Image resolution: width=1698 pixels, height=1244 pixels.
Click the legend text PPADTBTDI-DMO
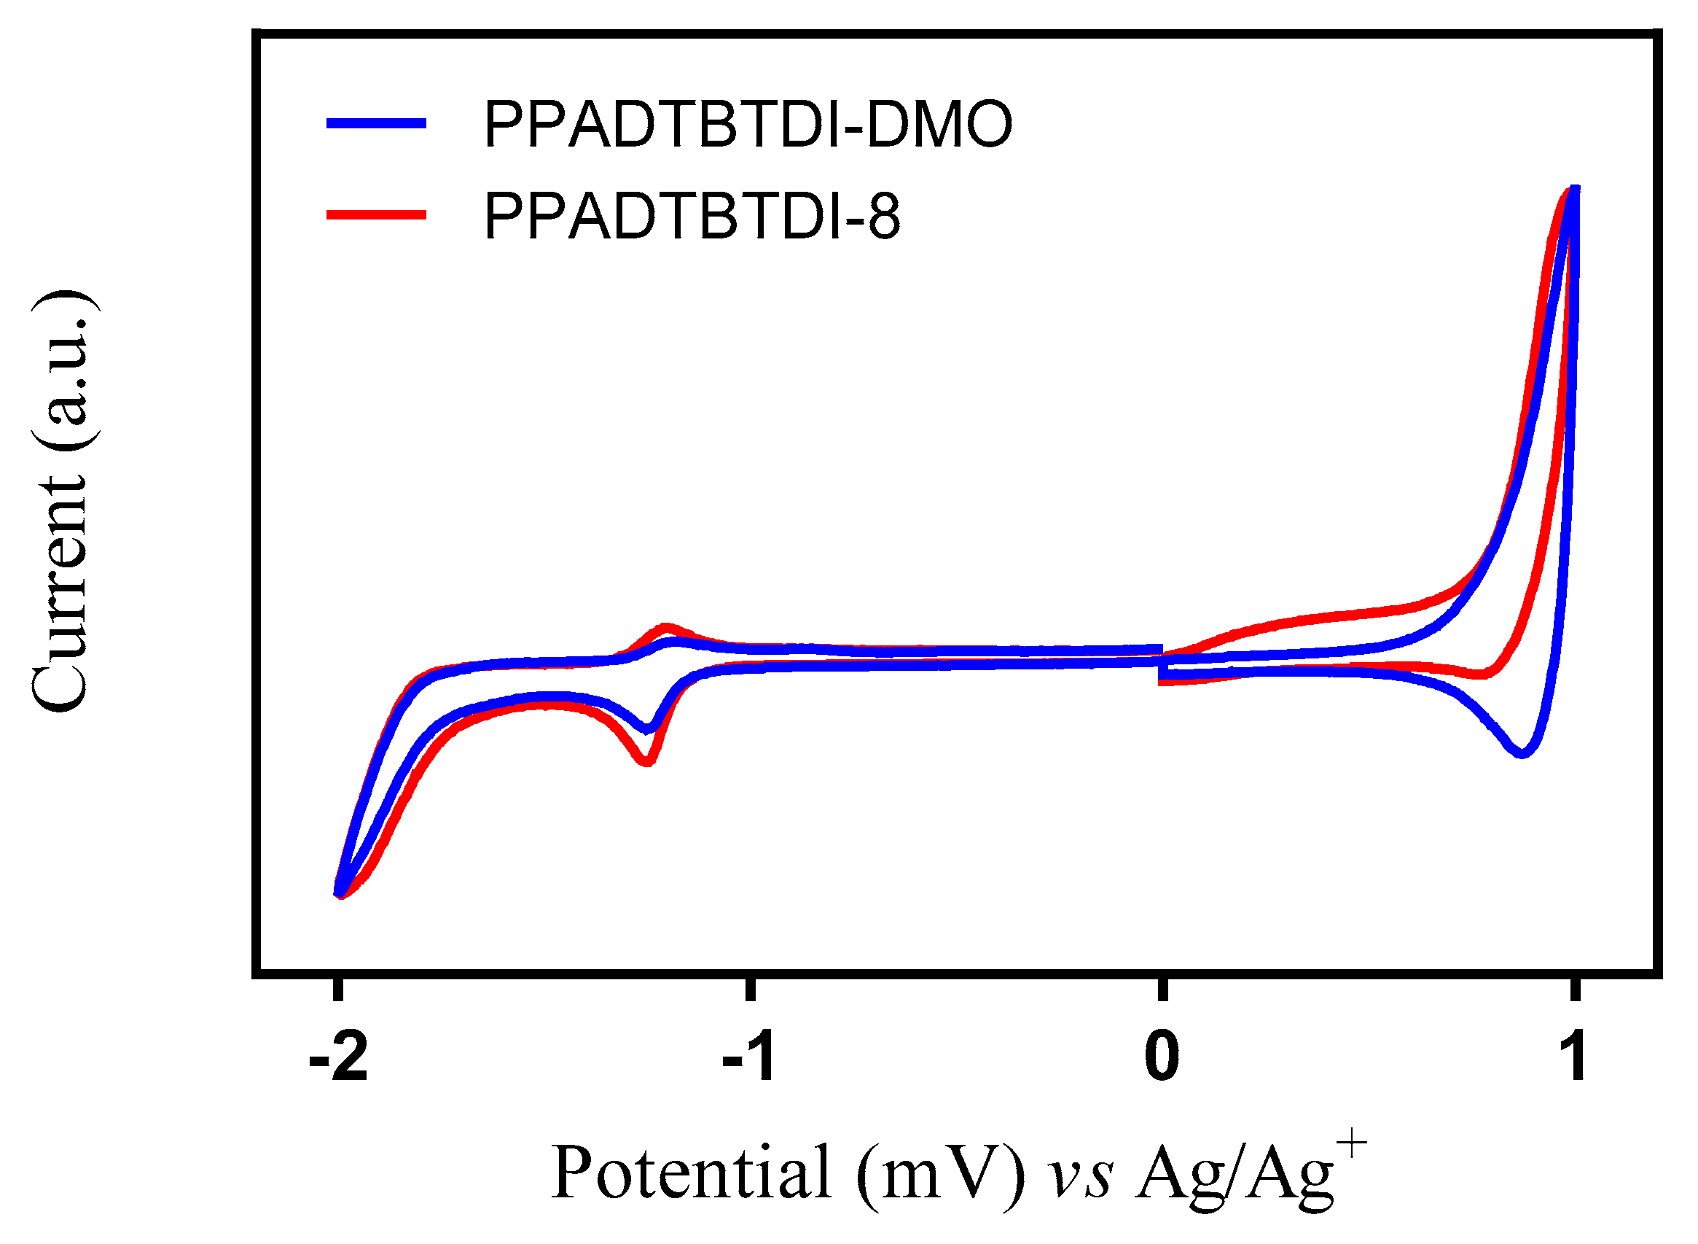748,124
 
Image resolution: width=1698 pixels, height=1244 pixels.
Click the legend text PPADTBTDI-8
692,216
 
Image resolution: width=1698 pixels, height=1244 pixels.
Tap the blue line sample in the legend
376,123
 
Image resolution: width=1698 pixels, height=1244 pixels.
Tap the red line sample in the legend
376,215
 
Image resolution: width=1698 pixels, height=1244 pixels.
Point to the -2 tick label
338,1058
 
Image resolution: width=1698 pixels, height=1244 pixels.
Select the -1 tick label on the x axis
749,1058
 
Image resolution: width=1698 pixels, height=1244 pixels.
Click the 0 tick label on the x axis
1162,1058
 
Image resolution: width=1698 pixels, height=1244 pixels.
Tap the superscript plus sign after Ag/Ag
1353,1146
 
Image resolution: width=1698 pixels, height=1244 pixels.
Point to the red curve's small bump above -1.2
665,626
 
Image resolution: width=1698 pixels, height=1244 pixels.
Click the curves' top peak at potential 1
1573,190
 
